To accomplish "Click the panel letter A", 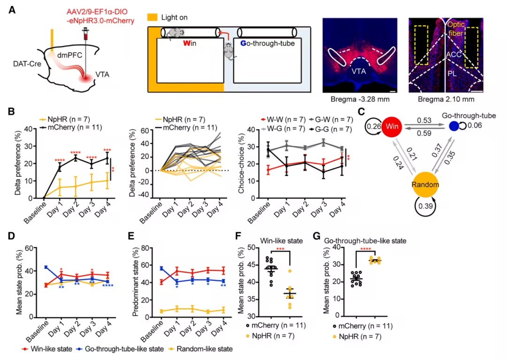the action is [12, 10].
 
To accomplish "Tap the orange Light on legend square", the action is [152, 17].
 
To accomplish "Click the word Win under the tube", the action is [190, 43].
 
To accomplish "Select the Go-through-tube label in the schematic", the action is [268, 43].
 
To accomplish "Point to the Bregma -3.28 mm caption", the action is [360, 99].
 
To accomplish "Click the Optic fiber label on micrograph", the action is [456, 29].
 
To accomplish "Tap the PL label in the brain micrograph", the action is [452, 74].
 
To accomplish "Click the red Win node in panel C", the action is [392, 126].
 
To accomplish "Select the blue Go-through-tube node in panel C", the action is [454, 126].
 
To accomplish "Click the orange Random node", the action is [425, 184].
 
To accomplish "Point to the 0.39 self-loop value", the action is [425, 206].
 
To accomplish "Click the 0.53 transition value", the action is [424, 120].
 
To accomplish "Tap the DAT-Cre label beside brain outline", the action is [27, 64].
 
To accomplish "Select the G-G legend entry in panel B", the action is [330, 129].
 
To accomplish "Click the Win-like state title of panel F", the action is [281, 241].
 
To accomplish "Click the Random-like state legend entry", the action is [200, 349].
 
